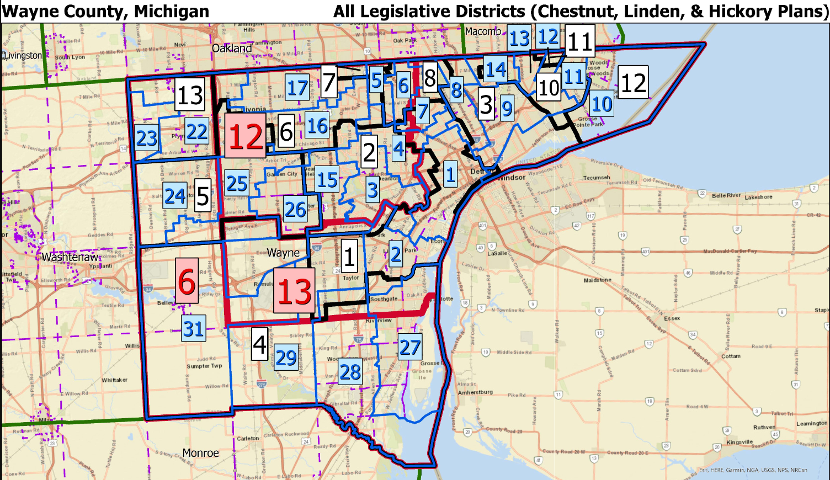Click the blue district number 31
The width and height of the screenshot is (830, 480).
click(x=193, y=329)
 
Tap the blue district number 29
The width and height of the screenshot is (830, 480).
click(x=286, y=358)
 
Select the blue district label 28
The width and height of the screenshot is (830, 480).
click(x=350, y=372)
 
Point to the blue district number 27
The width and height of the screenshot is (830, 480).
click(x=410, y=347)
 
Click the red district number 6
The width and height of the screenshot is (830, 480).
click(x=187, y=281)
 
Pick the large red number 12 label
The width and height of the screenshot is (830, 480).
click(x=246, y=136)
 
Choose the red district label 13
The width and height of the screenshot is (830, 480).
click(x=295, y=291)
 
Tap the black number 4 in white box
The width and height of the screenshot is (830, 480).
click(x=259, y=344)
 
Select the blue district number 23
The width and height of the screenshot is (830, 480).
click(x=147, y=138)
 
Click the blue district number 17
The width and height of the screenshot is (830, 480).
click(x=297, y=88)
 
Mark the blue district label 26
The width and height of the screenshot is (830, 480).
click(x=295, y=209)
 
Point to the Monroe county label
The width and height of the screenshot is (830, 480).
click(x=200, y=453)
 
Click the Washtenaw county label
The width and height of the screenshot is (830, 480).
click(x=70, y=257)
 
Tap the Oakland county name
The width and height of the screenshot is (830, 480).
click(x=232, y=49)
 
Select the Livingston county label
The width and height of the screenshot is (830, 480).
click(x=23, y=56)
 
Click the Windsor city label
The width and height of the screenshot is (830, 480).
click(x=511, y=178)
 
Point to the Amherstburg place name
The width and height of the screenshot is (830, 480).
click(x=475, y=392)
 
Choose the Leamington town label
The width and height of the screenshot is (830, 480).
click(x=811, y=424)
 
